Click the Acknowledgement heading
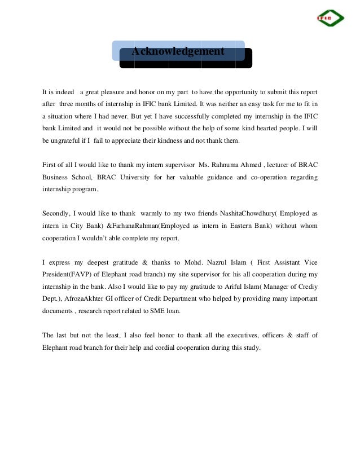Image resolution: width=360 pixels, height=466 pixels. (178, 51)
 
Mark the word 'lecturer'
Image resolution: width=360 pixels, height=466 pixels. (286, 165)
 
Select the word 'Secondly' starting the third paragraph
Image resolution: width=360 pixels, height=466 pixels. (56, 214)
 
